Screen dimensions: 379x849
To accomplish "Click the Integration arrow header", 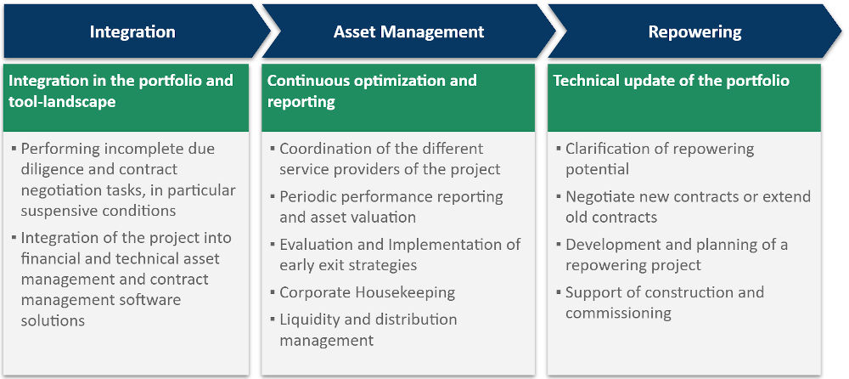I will tap(132, 32).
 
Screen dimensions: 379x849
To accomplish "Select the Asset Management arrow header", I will tap(408, 32).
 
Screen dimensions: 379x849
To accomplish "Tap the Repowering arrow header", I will tap(694, 32).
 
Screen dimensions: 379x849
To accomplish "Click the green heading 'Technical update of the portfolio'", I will tap(671, 82).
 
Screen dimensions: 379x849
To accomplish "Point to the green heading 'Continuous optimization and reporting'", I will tap(372, 91).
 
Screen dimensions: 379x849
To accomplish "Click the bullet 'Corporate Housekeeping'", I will tap(367, 292).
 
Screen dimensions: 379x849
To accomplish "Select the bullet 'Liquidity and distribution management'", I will tap(368, 330).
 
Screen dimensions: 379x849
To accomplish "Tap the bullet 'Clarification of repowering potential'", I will tap(659, 159).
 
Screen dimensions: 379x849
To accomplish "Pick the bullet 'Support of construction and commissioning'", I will tap(664, 303).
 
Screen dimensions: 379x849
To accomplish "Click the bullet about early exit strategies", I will tap(399, 255).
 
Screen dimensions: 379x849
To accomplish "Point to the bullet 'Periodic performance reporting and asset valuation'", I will tap(391, 206).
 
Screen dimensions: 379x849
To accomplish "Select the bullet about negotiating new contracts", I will tap(688, 206).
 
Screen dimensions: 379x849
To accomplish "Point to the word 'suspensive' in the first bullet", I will tap(60, 211).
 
